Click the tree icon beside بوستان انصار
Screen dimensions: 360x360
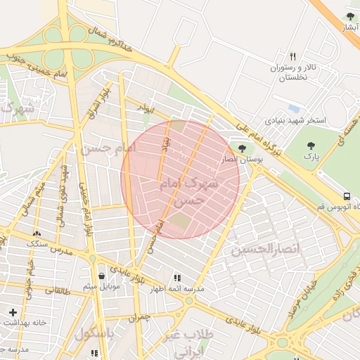[243, 148]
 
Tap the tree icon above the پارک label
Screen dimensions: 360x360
[311, 146]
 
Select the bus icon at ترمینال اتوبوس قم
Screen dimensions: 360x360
[347, 196]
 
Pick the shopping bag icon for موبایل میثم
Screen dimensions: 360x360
[103, 276]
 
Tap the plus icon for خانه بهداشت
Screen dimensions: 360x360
[13, 311]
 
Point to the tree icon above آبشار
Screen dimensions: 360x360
[350, 16]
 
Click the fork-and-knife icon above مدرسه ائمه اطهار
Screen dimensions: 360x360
[176, 278]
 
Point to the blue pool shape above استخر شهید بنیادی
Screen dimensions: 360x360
[294, 109]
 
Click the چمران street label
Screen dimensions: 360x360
[140, 318]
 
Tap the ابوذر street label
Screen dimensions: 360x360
[145, 109]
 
